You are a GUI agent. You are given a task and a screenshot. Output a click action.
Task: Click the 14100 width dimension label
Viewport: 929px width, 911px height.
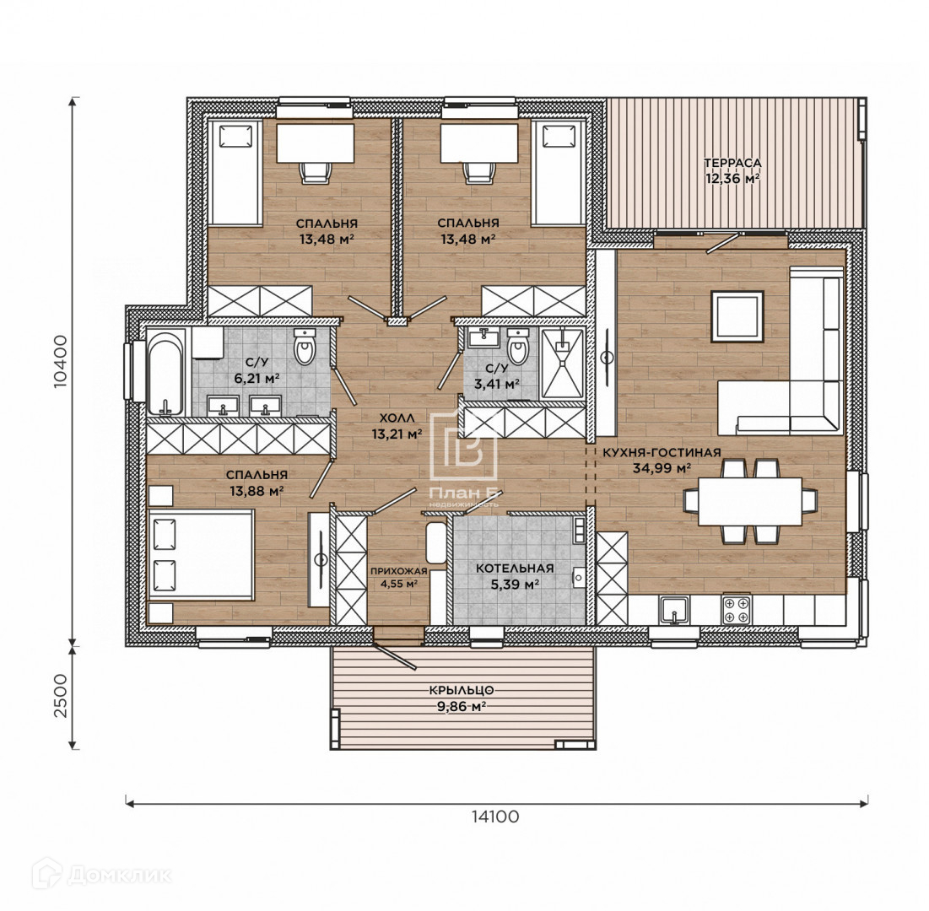coord(495,817)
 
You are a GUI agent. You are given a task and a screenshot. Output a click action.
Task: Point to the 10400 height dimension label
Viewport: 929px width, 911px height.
coord(61,362)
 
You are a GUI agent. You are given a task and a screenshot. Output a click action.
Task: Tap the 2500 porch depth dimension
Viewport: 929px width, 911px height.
coord(61,695)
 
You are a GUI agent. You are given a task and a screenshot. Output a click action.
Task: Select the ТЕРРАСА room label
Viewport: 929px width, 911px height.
coord(732,162)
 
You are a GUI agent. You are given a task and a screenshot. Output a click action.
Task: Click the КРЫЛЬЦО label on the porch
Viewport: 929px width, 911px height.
coord(462,690)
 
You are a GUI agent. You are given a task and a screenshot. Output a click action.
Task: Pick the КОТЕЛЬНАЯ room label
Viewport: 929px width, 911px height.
coord(515,568)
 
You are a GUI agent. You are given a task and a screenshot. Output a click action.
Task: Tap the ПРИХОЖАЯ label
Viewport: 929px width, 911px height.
coord(399,571)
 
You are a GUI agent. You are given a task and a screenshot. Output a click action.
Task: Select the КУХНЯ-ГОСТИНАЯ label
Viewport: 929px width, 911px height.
coord(662,452)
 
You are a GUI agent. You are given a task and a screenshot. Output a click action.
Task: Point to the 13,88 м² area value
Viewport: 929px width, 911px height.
coord(256,490)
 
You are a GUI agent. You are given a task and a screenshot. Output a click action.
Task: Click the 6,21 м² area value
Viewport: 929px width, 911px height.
coord(257,379)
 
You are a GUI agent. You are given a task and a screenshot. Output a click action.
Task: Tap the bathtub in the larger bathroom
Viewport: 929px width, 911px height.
coord(166,373)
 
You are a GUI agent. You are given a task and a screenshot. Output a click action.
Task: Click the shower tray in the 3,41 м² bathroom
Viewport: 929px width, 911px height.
coord(562,363)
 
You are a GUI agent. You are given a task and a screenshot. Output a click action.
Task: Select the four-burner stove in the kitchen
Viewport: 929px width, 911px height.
coord(736,610)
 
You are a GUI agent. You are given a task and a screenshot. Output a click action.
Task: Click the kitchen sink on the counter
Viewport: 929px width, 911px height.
coord(674,610)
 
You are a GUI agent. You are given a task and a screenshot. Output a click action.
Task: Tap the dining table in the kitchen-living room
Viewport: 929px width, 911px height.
coord(750,501)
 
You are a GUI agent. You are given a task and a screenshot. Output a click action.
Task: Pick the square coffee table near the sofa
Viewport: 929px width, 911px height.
coord(737,316)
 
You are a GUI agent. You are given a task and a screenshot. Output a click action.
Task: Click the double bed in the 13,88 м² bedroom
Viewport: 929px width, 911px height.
coord(202,555)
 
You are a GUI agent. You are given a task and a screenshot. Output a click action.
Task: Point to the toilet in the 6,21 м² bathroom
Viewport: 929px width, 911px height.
coord(305,347)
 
